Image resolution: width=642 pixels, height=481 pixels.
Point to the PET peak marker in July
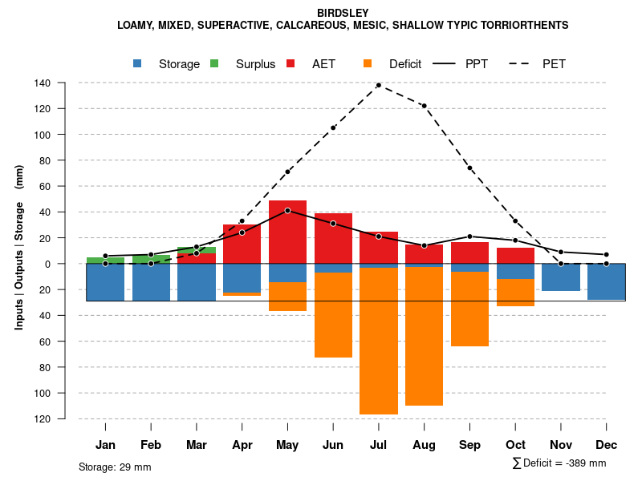point(379,85)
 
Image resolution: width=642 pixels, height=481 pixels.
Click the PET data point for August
point(425,106)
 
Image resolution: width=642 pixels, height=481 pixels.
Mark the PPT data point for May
point(287,210)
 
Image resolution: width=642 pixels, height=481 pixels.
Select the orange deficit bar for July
point(379,341)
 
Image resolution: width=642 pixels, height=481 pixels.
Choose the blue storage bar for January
point(105,282)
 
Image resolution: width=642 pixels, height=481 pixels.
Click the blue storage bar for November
point(561,277)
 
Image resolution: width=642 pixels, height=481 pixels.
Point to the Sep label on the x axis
point(469,445)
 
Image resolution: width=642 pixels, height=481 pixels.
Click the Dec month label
point(607,445)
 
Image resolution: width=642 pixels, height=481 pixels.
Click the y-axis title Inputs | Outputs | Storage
point(19,247)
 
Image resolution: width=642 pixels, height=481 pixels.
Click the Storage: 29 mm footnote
point(115,467)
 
